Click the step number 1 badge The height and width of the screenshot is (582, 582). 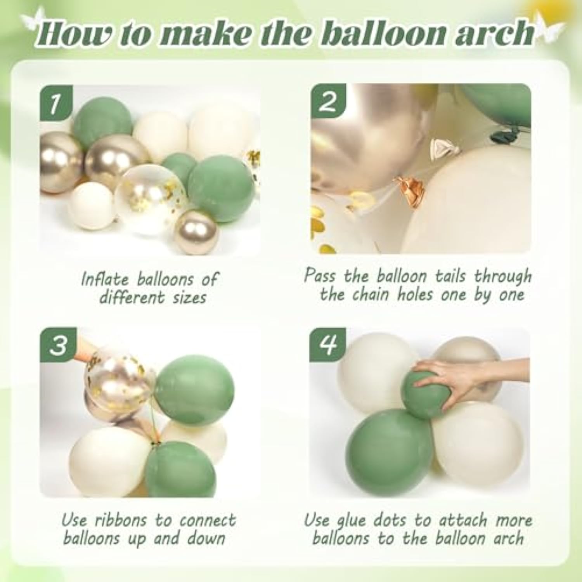click(56, 104)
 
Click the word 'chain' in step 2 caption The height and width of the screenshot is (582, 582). click(372, 295)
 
